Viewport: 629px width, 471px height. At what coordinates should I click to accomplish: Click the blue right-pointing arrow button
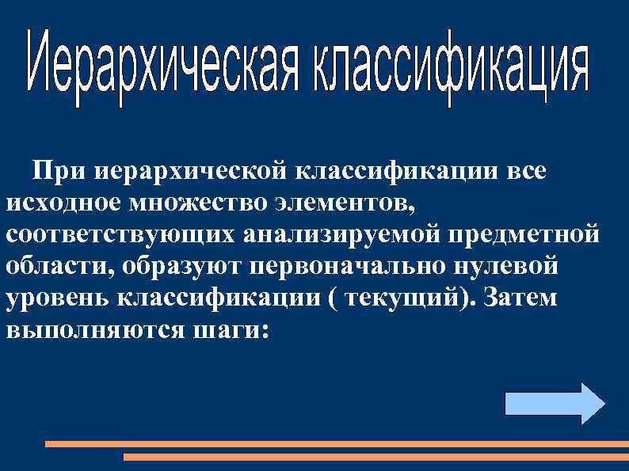(x=554, y=404)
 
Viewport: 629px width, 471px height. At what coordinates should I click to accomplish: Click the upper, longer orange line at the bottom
(x=333, y=444)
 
